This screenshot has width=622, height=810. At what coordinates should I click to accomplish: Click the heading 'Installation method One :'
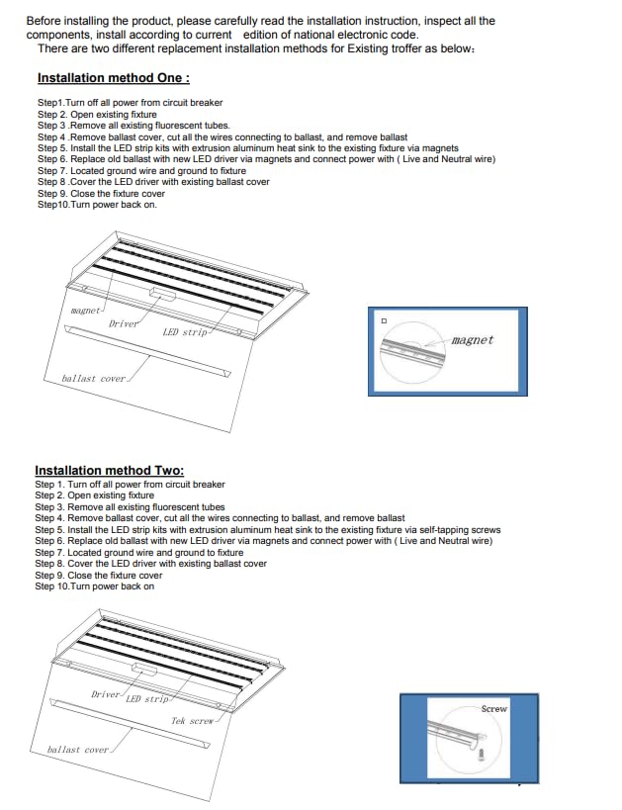click(x=113, y=78)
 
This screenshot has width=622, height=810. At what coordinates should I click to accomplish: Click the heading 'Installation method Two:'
click(x=109, y=471)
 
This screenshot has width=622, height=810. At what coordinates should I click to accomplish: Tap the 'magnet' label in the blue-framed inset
click(x=472, y=340)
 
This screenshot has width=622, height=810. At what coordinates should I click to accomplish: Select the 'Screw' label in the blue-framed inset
click(x=493, y=709)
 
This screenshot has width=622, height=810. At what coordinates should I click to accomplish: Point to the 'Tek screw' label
click(x=191, y=721)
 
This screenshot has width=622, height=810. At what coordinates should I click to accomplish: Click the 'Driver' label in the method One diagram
click(x=123, y=323)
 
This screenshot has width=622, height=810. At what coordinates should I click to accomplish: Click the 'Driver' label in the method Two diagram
click(x=105, y=694)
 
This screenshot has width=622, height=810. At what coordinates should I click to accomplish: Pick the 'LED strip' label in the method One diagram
click(x=185, y=332)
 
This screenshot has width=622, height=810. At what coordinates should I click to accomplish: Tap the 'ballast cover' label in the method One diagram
click(x=93, y=379)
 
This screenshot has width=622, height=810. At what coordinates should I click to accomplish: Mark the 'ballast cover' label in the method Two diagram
click(x=78, y=750)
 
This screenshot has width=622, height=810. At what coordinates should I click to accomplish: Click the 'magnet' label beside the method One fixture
click(x=86, y=311)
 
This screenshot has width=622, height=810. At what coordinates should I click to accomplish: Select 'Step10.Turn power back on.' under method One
click(x=97, y=205)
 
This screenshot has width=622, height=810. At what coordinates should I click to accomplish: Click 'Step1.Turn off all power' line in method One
click(x=130, y=103)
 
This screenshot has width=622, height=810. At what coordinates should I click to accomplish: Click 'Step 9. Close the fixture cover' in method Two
click(x=99, y=576)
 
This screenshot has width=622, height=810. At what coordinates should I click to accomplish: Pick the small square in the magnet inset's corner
click(x=384, y=321)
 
